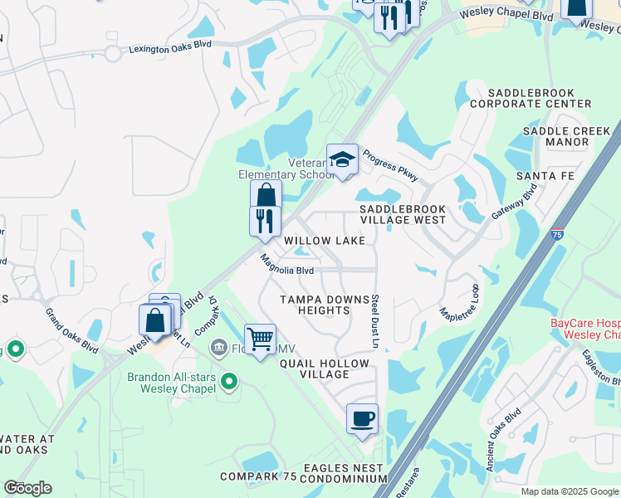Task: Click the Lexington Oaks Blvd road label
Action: coord(169,50)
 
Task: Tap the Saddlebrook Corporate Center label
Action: coord(531,98)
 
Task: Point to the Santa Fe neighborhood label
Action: coord(545,177)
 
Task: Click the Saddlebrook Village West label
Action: coord(403,215)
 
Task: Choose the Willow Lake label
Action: coord(325,241)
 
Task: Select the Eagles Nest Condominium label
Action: coord(343,474)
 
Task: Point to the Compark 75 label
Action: coord(258,476)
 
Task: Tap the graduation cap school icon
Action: coord(342,159)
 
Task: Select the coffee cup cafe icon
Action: coord(362,418)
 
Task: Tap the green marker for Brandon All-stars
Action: coord(231,383)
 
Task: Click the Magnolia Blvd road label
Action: coord(287,265)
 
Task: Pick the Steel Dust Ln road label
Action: coord(375,320)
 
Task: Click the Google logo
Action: coord(27,489)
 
